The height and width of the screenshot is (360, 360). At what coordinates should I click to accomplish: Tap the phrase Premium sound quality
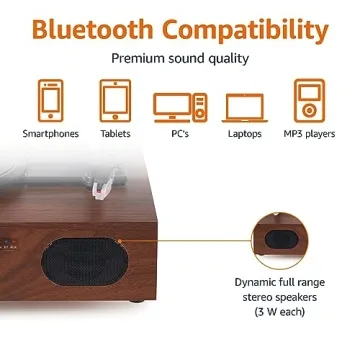coord(180,59)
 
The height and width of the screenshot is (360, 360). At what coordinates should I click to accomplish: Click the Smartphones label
coord(51,133)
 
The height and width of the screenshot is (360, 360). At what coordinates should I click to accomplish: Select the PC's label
coord(179,133)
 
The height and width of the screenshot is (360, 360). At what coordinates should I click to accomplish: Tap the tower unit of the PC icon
coord(199,104)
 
